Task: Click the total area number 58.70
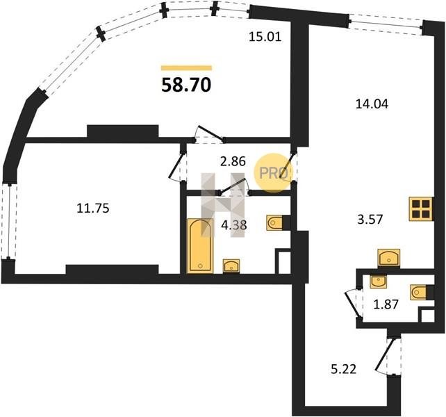click(x=186, y=85)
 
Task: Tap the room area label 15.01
click(x=265, y=37)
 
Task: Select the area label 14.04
click(x=372, y=104)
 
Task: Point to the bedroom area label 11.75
click(x=93, y=208)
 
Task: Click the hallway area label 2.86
click(x=233, y=161)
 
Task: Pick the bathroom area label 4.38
click(x=234, y=225)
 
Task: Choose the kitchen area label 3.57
click(x=370, y=220)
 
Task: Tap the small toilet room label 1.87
click(x=386, y=304)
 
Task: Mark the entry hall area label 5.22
click(x=344, y=370)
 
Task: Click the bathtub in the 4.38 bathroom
click(x=200, y=246)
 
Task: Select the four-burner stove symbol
click(x=421, y=209)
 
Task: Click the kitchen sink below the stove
click(x=389, y=258)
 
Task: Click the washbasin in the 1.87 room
click(x=379, y=281)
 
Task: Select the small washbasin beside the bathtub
click(x=231, y=266)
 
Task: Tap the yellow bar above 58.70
click(x=187, y=67)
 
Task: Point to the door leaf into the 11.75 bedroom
click(x=175, y=165)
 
